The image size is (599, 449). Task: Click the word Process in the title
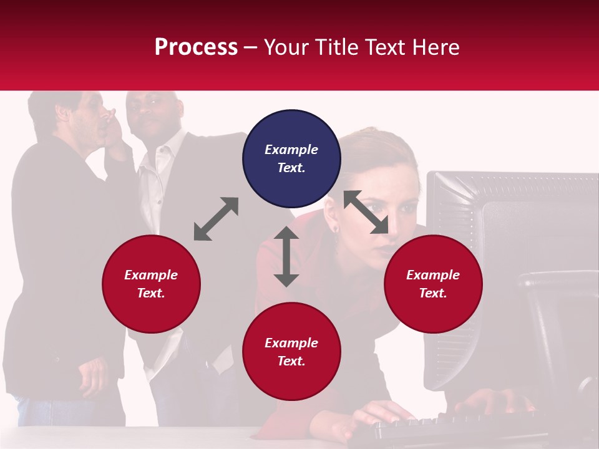(x=196, y=47)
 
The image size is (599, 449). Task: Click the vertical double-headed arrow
(x=286, y=256)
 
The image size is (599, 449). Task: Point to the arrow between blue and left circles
(x=216, y=219)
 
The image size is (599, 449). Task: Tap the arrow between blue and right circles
(x=366, y=212)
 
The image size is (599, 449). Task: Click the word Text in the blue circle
(x=291, y=168)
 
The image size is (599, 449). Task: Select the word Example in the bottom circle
(x=291, y=342)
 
